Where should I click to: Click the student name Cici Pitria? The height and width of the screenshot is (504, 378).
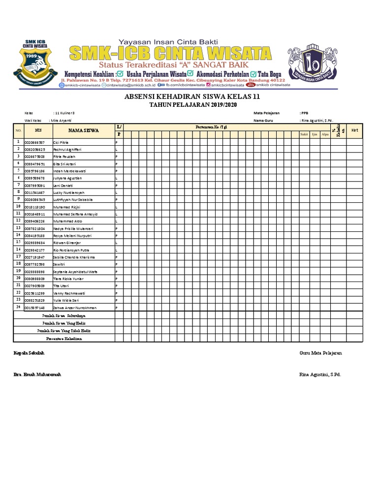click(x=61, y=142)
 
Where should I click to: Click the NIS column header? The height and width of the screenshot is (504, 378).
click(x=38, y=130)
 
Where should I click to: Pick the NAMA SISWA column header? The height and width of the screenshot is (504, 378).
click(x=83, y=130)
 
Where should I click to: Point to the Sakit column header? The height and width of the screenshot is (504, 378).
click(x=304, y=134)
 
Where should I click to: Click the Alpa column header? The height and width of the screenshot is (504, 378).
click(x=325, y=134)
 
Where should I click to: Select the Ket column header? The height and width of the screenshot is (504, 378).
click(x=354, y=130)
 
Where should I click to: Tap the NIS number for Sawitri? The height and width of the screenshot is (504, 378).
click(x=34, y=264)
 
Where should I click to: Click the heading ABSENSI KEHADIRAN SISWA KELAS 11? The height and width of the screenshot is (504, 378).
click(x=189, y=96)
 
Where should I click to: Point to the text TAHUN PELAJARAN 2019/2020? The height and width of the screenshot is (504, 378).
click(x=189, y=104)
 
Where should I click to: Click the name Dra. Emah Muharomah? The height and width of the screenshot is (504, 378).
click(x=37, y=375)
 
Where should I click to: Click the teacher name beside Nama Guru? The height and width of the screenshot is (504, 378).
click(x=317, y=120)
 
